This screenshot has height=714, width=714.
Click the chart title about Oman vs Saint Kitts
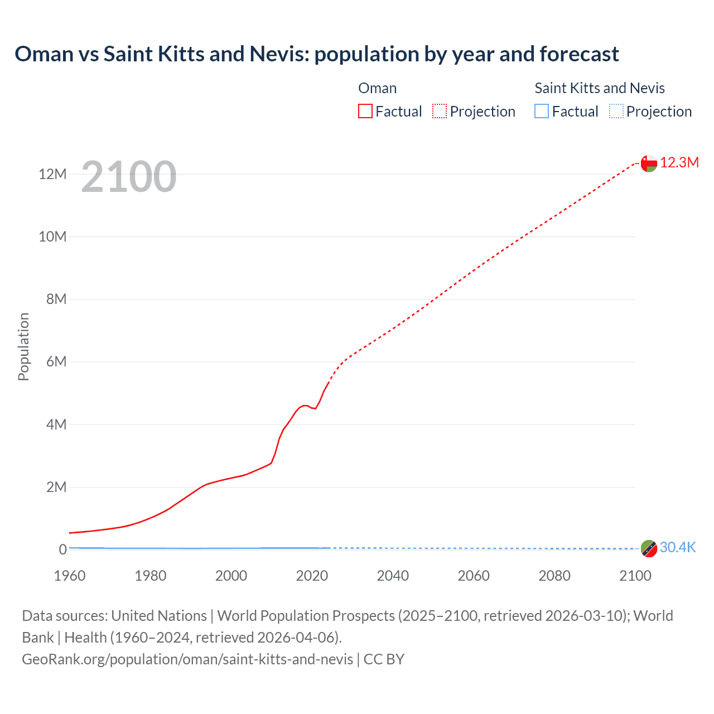316,54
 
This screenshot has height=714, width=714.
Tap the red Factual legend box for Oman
365,111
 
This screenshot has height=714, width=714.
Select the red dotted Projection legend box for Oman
440,111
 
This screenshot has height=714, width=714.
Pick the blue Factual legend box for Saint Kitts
542,111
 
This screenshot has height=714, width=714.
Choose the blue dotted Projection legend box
616,111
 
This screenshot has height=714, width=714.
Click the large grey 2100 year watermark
129,177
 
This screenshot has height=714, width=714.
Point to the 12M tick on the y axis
52,174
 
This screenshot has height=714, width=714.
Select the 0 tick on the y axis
62,549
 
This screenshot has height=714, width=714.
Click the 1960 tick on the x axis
70,576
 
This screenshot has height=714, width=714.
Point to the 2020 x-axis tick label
312,576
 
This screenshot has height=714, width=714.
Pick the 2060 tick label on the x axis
474,576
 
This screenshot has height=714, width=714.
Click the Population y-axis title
23,346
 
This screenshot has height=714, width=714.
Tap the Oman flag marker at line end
649,163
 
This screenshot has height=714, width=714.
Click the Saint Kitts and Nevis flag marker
649,548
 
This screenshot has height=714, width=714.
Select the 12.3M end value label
679,162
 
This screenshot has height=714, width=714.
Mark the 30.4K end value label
678,547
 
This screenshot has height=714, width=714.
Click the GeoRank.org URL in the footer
187,659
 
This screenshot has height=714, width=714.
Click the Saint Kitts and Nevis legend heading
600,88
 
